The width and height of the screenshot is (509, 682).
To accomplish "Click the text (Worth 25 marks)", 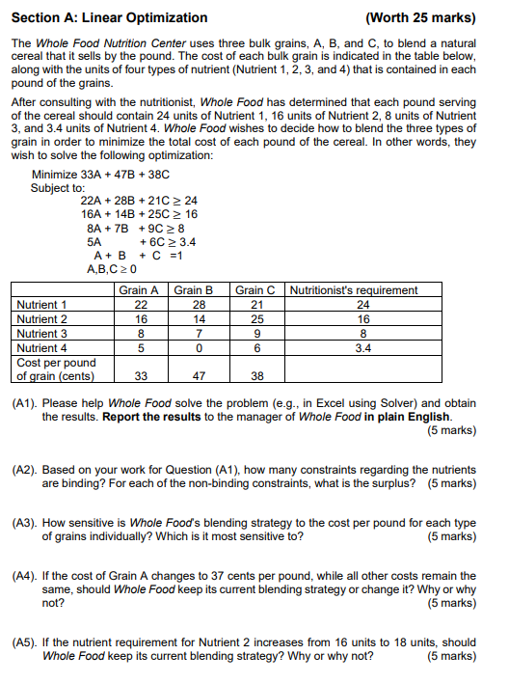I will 420,17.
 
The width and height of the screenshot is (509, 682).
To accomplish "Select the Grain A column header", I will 139,289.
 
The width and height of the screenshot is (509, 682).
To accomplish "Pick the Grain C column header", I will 255,289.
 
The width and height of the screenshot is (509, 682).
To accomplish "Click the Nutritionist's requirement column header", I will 354,289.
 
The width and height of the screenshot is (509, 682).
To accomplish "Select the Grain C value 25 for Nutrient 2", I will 255,319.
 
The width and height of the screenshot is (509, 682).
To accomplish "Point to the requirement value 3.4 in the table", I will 362,347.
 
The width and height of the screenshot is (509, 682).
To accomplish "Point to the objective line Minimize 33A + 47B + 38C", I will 100,175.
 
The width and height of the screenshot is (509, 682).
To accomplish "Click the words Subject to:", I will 57,187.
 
